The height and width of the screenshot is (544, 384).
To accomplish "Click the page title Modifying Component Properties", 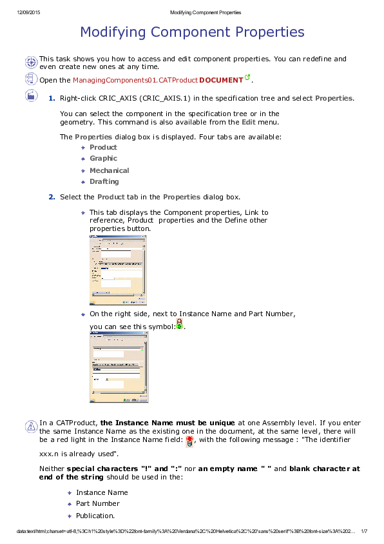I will coord(192,32).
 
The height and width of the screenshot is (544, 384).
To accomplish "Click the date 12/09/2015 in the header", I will coord(28,13).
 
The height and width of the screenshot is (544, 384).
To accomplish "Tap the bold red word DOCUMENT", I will coord(221,80).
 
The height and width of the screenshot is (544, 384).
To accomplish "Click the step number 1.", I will coord(52,97).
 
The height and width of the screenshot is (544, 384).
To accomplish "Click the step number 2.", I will coord(52,197).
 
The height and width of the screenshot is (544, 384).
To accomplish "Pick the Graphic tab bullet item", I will coord(103,158).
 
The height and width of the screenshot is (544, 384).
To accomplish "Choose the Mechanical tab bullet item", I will coord(109,170).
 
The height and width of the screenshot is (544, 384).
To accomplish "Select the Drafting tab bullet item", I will coord(104,181).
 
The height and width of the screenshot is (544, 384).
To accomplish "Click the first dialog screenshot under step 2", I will coord(117,269).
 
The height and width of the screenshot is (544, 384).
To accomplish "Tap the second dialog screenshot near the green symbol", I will coord(119,367).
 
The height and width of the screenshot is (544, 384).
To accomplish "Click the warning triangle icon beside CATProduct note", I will coord(30,426).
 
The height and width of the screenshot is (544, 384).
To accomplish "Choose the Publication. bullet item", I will coord(95,516).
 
